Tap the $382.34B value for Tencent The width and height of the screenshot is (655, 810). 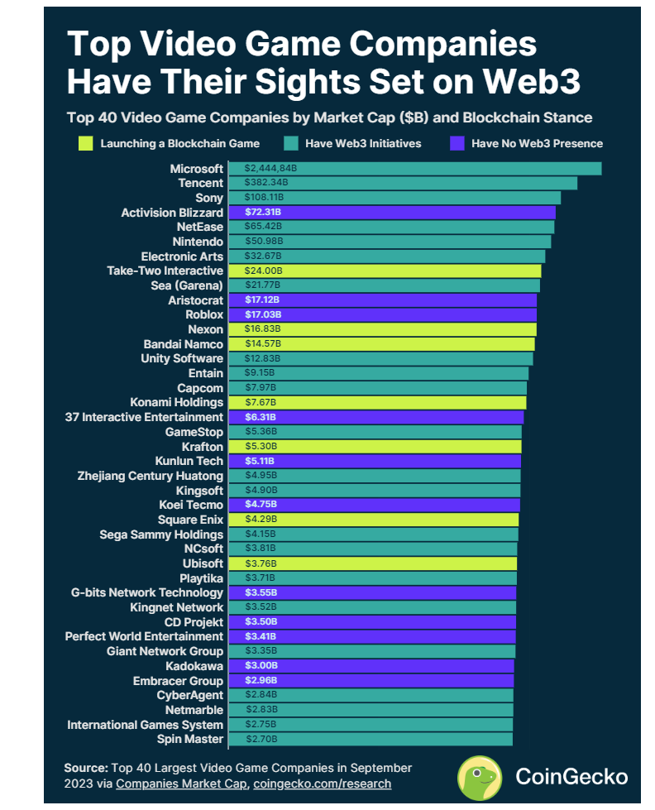(x=265, y=183)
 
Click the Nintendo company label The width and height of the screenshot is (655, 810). (x=200, y=242)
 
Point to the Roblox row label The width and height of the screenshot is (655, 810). (x=204, y=314)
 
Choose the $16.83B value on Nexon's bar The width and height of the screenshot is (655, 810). (x=263, y=329)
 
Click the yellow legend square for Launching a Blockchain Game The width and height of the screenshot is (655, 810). (x=85, y=143)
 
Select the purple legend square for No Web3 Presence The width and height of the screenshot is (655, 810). (x=456, y=143)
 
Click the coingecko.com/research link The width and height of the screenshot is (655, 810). (x=322, y=784)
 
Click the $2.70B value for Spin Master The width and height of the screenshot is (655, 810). (x=261, y=739)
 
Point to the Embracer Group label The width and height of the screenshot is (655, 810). (x=178, y=680)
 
